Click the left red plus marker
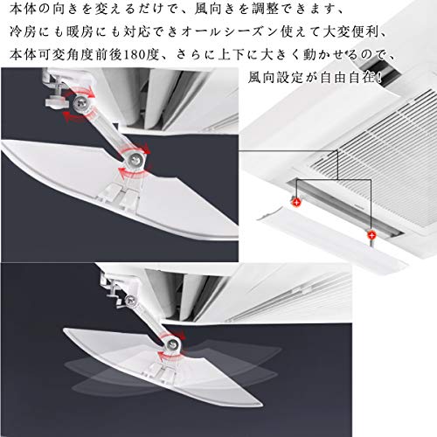click(296, 202)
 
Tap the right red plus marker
click(371, 234)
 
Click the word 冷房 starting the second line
click(23, 31)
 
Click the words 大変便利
click(351, 31)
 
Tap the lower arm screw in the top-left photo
click(135, 159)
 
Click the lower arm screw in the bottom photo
click(174, 344)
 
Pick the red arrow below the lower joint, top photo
click(134, 174)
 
